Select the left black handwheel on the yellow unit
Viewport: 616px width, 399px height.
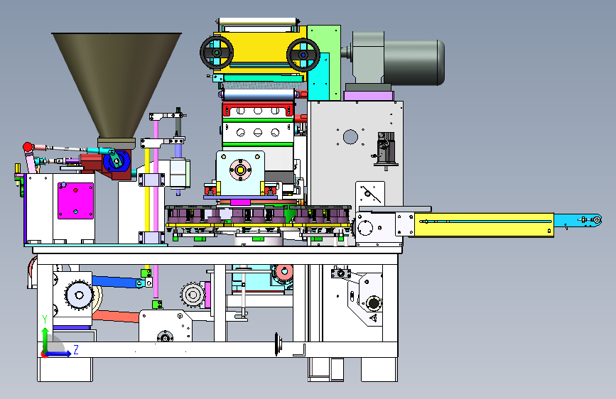coord(217,53)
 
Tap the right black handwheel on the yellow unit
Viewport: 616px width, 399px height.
coord(303,55)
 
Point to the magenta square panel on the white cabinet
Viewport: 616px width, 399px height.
coord(75,200)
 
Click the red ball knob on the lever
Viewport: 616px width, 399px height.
coord(28,147)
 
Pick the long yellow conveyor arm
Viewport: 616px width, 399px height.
coord(484,224)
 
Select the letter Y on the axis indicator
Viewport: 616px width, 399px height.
coord(45,319)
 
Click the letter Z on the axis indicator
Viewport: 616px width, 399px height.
coord(76,349)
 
